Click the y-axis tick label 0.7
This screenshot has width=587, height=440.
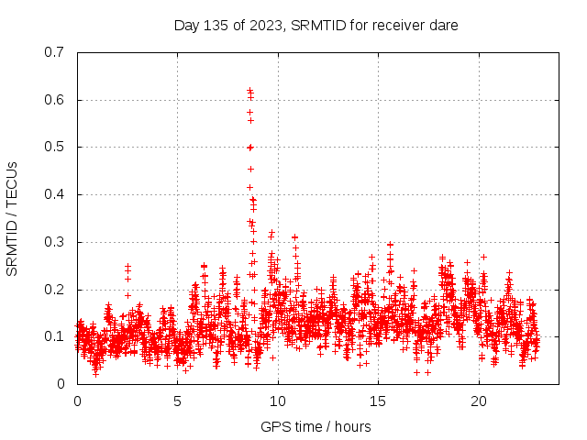[x=56, y=52]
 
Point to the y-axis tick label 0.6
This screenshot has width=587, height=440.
[x=56, y=100]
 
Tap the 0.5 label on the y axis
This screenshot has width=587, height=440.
[x=56, y=147]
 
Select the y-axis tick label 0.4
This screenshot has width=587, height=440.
[x=56, y=194]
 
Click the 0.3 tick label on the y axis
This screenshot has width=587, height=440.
[x=56, y=242]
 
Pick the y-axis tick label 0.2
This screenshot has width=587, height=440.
[x=56, y=290]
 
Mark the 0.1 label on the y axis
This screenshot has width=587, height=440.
[x=56, y=336]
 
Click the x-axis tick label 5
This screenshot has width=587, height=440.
[x=177, y=401]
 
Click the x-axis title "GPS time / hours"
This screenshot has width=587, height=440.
[x=316, y=426]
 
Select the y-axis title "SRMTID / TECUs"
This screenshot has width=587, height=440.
[x=12, y=218]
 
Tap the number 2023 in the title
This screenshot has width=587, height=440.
[x=262, y=26]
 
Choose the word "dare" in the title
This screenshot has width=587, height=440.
[x=444, y=26]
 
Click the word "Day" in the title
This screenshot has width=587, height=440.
[x=187, y=26]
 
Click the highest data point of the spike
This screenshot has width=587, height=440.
[x=249, y=90]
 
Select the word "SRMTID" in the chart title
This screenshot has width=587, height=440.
[x=319, y=26]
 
